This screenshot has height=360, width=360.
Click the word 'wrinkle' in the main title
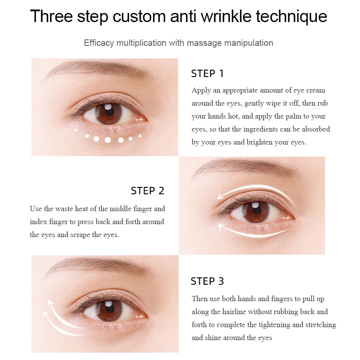coord(226,16)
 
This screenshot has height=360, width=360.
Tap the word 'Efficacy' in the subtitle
coord(99,43)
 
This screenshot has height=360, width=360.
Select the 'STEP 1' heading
coord(207,74)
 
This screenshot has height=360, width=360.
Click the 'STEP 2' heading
coord(148,191)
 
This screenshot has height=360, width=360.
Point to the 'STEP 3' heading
coord(207,281)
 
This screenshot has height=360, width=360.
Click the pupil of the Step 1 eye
coord(109,112)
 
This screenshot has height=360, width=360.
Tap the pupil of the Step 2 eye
coord(256,210)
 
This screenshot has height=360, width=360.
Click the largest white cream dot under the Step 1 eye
coord(108,140)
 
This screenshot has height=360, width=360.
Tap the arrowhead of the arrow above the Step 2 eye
coord(221,196)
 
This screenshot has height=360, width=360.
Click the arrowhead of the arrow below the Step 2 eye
coord(222,227)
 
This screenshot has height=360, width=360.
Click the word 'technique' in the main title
coord(291,17)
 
